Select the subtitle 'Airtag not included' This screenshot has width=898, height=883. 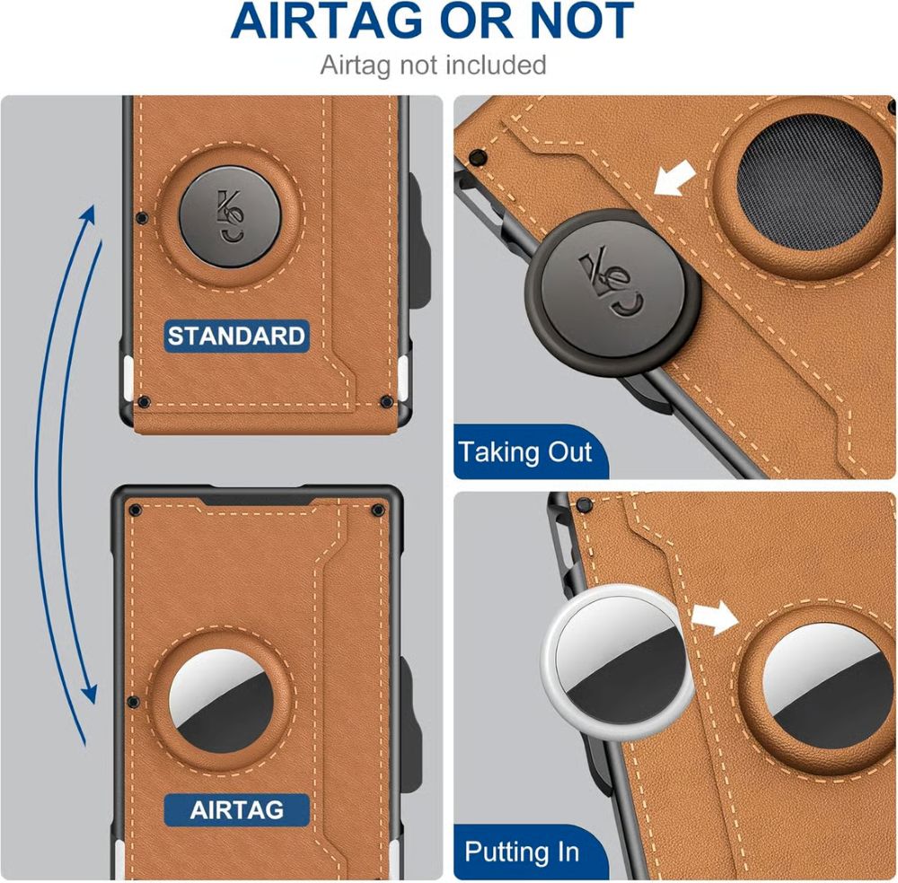point(433,65)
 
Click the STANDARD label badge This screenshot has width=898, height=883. point(236,337)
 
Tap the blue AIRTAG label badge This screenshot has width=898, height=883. point(236,810)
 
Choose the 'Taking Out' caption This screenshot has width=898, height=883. point(525,451)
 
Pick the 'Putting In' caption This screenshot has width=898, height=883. point(522,851)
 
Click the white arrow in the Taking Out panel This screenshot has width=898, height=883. point(676,177)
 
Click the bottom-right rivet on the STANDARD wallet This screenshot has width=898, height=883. point(385,401)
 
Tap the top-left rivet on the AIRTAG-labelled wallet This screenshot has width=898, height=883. point(135,510)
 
